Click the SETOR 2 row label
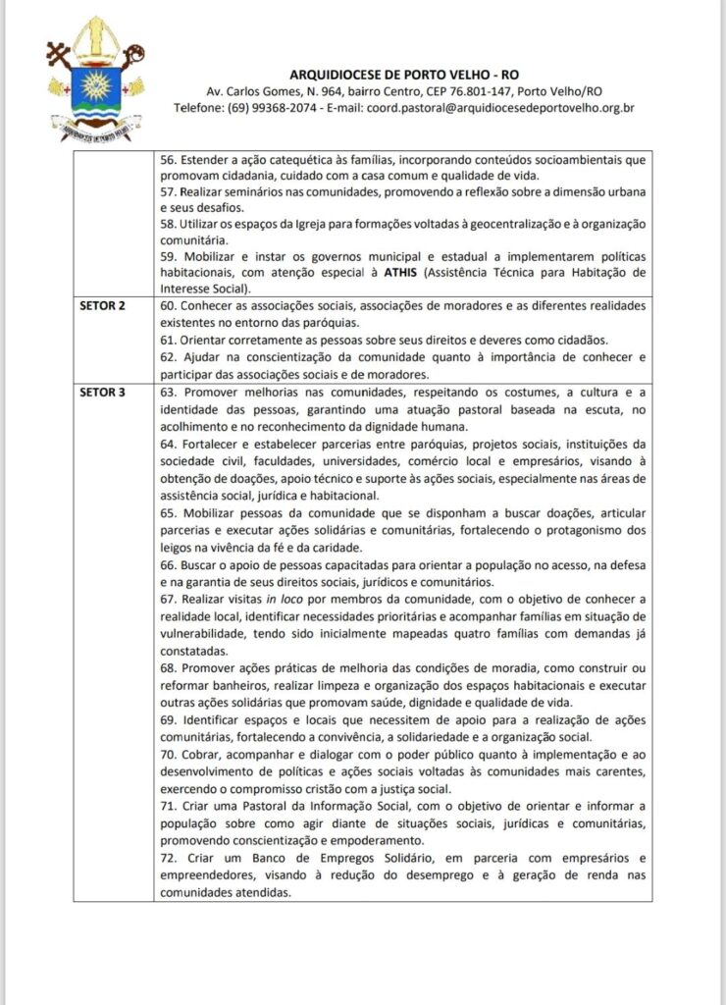[x=102, y=306]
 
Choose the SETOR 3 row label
[x=102, y=391]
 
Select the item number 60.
[x=168, y=306]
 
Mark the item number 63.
[x=168, y=391]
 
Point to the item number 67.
[x=168, y=598]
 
